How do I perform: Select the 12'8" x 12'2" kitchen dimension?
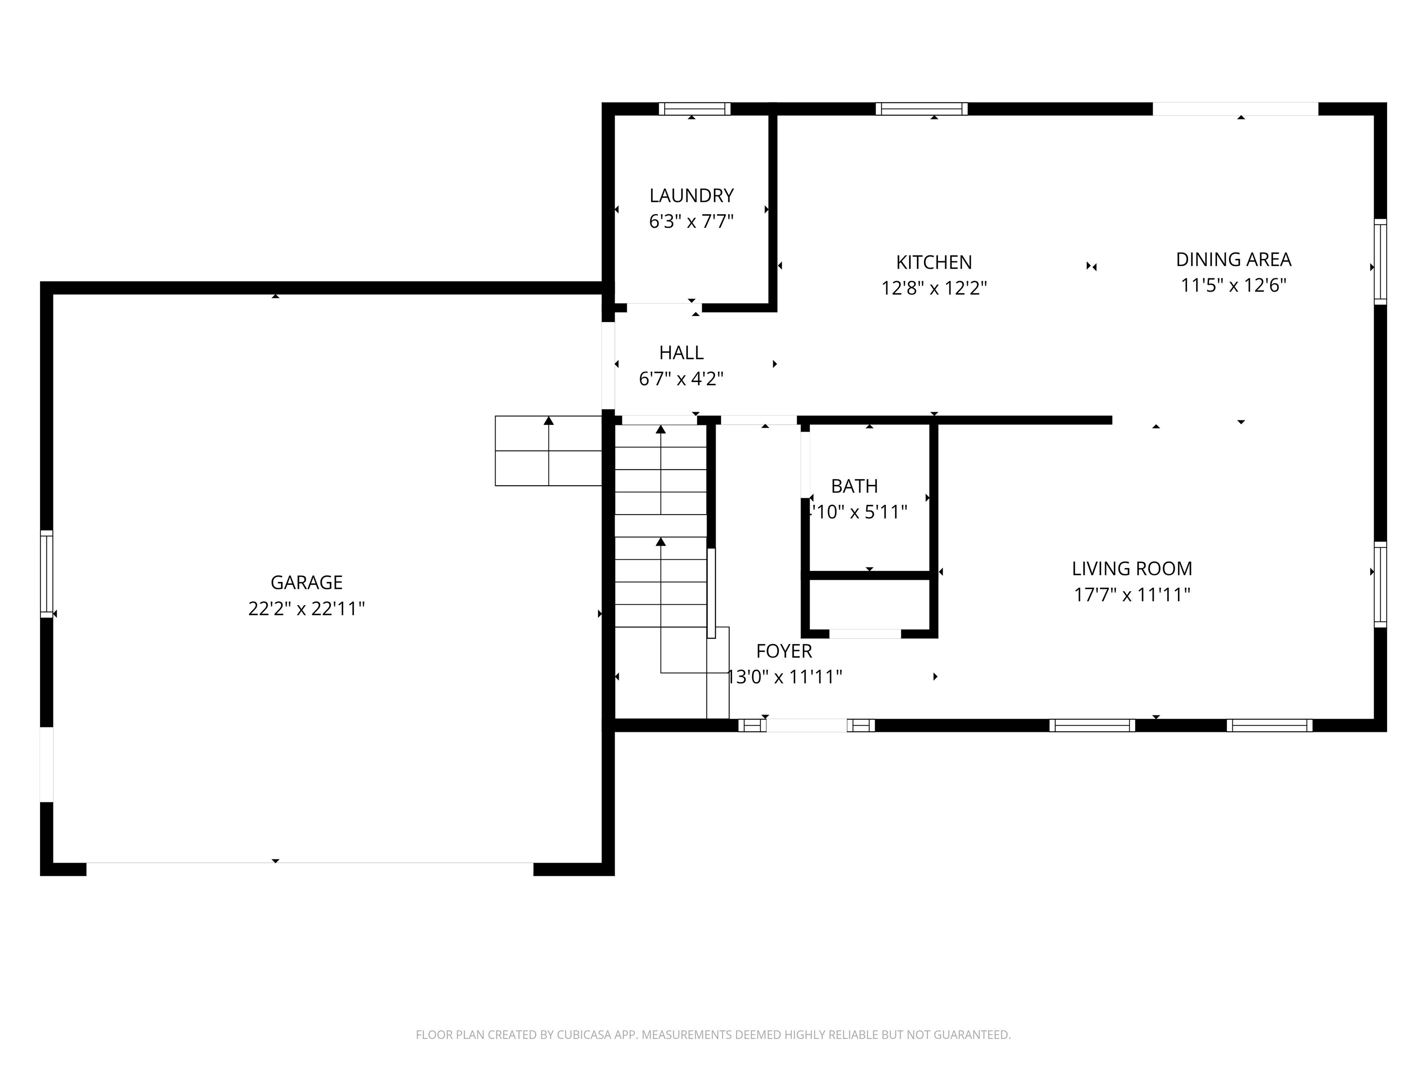point(934,288)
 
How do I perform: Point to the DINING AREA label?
point(1233,259)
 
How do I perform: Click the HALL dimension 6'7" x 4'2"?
point(681,379)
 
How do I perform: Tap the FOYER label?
point(783,651)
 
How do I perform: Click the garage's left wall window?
point(46,573)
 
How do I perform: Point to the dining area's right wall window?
point(1379,261)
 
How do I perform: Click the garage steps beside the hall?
point(548,450)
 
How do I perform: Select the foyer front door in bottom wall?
point(806,725)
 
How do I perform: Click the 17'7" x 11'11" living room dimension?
point(1132,595)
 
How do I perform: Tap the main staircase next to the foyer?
point(660,526)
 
